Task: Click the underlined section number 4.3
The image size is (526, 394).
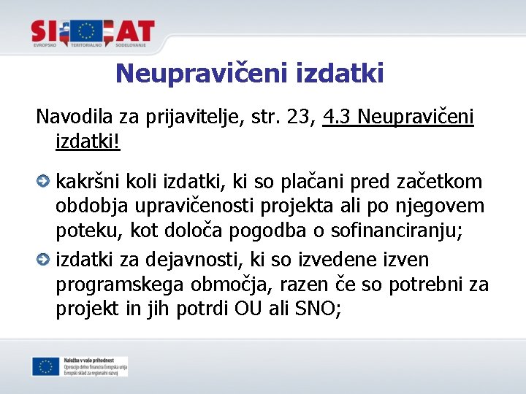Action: click(x=338, y=116)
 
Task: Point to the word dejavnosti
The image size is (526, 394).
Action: click(x=194, y=259)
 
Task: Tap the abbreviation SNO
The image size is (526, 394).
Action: click(x=312, y=309)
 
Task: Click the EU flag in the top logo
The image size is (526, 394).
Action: click(x=88, y=31)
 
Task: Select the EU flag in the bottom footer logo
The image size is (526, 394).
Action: click(x=45, y=366)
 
